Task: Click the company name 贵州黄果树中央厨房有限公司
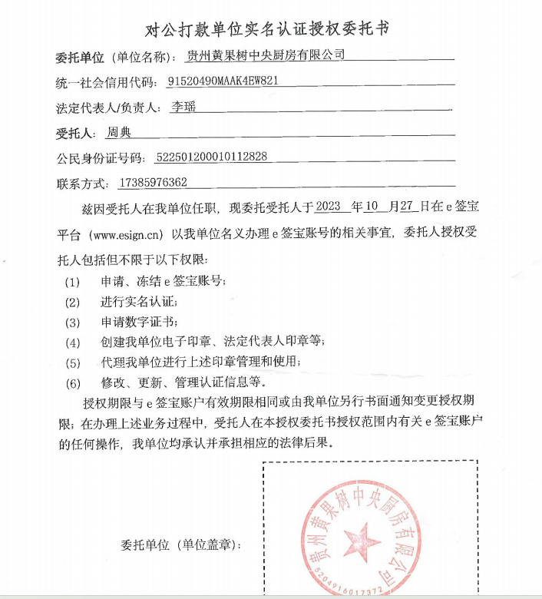[x=267, y=56]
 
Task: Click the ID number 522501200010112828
[x=211, y=157]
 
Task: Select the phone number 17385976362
[x=154, y=183]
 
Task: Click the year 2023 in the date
[x=327, y=207]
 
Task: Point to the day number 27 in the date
[x=408, y=207]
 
